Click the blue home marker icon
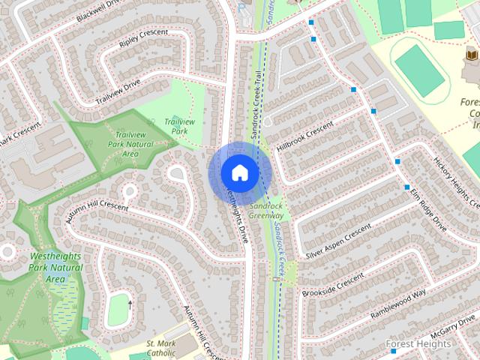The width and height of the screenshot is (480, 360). point(238,173)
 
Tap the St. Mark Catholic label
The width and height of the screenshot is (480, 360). point(160,348)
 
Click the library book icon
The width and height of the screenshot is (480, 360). point(471,56)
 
